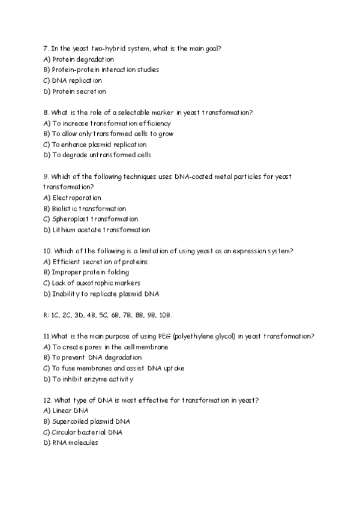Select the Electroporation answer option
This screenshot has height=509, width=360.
pyautogui.click(x=73, y=197)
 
